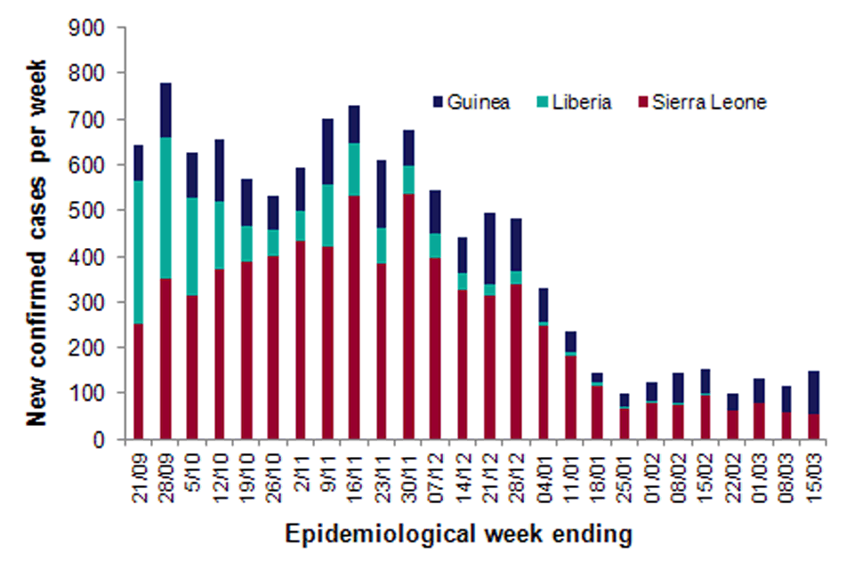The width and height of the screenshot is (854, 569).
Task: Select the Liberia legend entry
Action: coord(578,101)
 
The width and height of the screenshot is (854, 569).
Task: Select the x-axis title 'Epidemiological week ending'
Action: coord(459,534)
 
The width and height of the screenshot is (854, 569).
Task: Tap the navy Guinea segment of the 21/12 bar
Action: coord(490,249)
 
